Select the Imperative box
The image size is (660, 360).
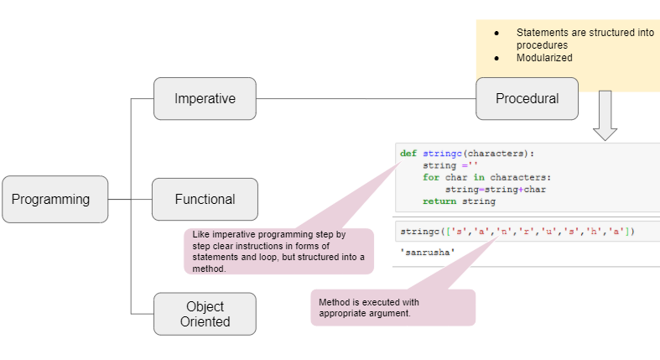pos(205,98)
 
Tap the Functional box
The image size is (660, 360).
pos(205,199)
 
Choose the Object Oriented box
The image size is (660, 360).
pos(205,314)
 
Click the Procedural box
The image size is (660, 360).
pos(527,98)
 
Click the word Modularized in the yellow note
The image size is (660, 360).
pos(544,58)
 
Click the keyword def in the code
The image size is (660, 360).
pos(408,154)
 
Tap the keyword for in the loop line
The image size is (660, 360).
pos(430,178)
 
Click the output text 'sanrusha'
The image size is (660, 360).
pos(428,252)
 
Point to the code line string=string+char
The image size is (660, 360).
pos(483,190)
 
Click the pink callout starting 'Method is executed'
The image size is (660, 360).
pos(392,308)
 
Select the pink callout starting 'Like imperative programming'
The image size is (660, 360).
pos(278,251)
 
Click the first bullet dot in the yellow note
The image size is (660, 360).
pos(497,33)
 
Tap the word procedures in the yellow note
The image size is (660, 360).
pos(542,44)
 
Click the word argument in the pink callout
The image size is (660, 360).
pos(391,313)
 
